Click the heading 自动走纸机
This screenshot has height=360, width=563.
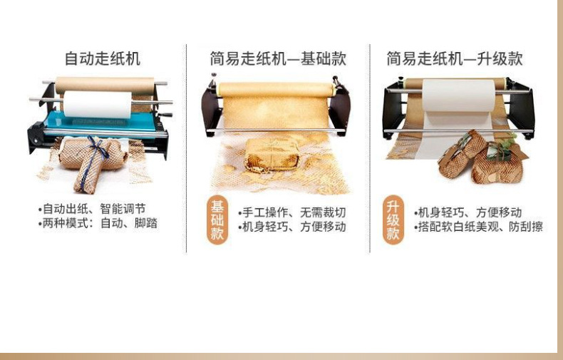pyautogui.click(x=102, y=58)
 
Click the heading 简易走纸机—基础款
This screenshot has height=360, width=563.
pyautogui.click(x=277, y=58)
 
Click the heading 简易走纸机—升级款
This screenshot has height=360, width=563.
pyautogui.click(x=454, y=58)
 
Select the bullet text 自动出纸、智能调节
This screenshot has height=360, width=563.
pyautogui.click(x=93, y=209)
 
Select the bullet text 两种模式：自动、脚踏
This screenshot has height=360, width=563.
pyautogui.click(x=98, y=223)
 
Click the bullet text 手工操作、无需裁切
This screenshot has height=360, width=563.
pyautogui.click(x=293, y=212)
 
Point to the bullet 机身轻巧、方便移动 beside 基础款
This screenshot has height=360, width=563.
pyautogui.click(x=293, y=227)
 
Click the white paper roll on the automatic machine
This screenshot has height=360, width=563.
pyautogui.click(x=98, y=103)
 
